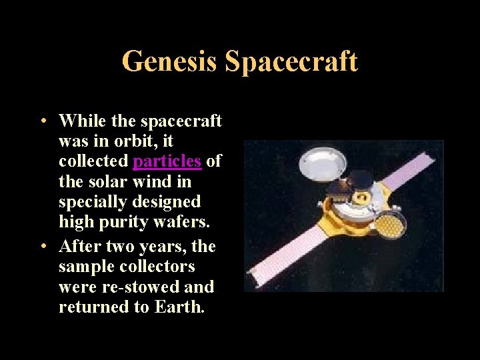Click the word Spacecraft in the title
[291, 61]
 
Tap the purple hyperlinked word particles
[167, 161]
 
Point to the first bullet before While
[41, 121]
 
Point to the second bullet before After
[41, 247]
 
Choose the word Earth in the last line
[183, 307]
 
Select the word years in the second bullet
[160, 247]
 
